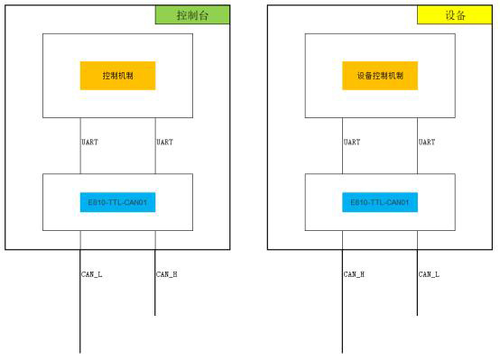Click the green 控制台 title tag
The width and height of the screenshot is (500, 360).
(x=192, y=15)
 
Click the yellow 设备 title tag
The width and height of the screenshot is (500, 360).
(x=455, y=15)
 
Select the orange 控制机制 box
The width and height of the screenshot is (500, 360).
(x=117, y=76)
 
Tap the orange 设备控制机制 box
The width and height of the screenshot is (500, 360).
(x=380, y=76)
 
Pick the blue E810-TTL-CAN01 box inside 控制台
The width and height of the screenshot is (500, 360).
(x=117, y=202)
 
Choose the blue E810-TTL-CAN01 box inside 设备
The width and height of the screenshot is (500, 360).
(x=380, y=202)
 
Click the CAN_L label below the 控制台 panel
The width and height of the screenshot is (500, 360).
(x=92, y=273)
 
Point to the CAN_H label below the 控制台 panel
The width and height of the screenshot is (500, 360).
(x=167, y=273)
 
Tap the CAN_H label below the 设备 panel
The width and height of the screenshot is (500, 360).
(x=354, y=273)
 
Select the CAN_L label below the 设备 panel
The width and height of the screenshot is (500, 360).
(x=429, y=273)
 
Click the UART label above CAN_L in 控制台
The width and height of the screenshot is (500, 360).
(x=89, y=142)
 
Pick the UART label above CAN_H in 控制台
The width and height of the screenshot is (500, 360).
(x=164, y=142)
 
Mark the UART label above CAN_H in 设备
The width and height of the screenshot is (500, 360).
(x=352, y=142)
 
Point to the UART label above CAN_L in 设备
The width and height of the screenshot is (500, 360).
(x=427, y=142)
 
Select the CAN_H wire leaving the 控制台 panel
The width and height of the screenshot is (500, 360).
(x=155, y=298)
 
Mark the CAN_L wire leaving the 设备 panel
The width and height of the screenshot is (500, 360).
(x=417, y=298)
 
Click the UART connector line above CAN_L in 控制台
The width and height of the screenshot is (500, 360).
(x=80, y=158)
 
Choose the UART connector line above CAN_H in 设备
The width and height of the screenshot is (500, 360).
(x=342, y=158)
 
